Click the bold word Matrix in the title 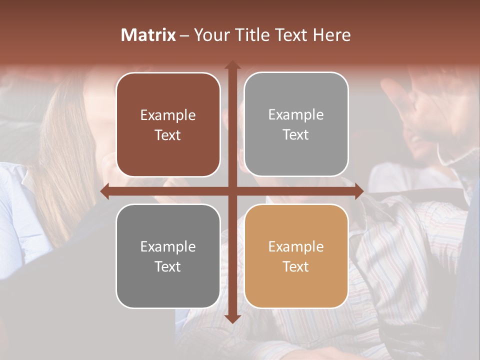pyautogui.click(x=148, y=35)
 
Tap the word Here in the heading pyautogui.click(x=332, y=35)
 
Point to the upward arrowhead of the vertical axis pyautogui.click(x=232, y=65)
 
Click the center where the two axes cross pyautogui.click(x=232, y=191)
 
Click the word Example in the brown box pyautogui.click(x=168, y=115)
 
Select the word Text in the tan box pyautogui.click(x=296, y=266)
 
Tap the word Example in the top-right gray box pyautogui.click(x=296, y=114)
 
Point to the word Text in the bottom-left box pyautogui.click(x=168, y=266)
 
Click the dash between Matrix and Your pyautogui.click(x=184, y=35)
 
